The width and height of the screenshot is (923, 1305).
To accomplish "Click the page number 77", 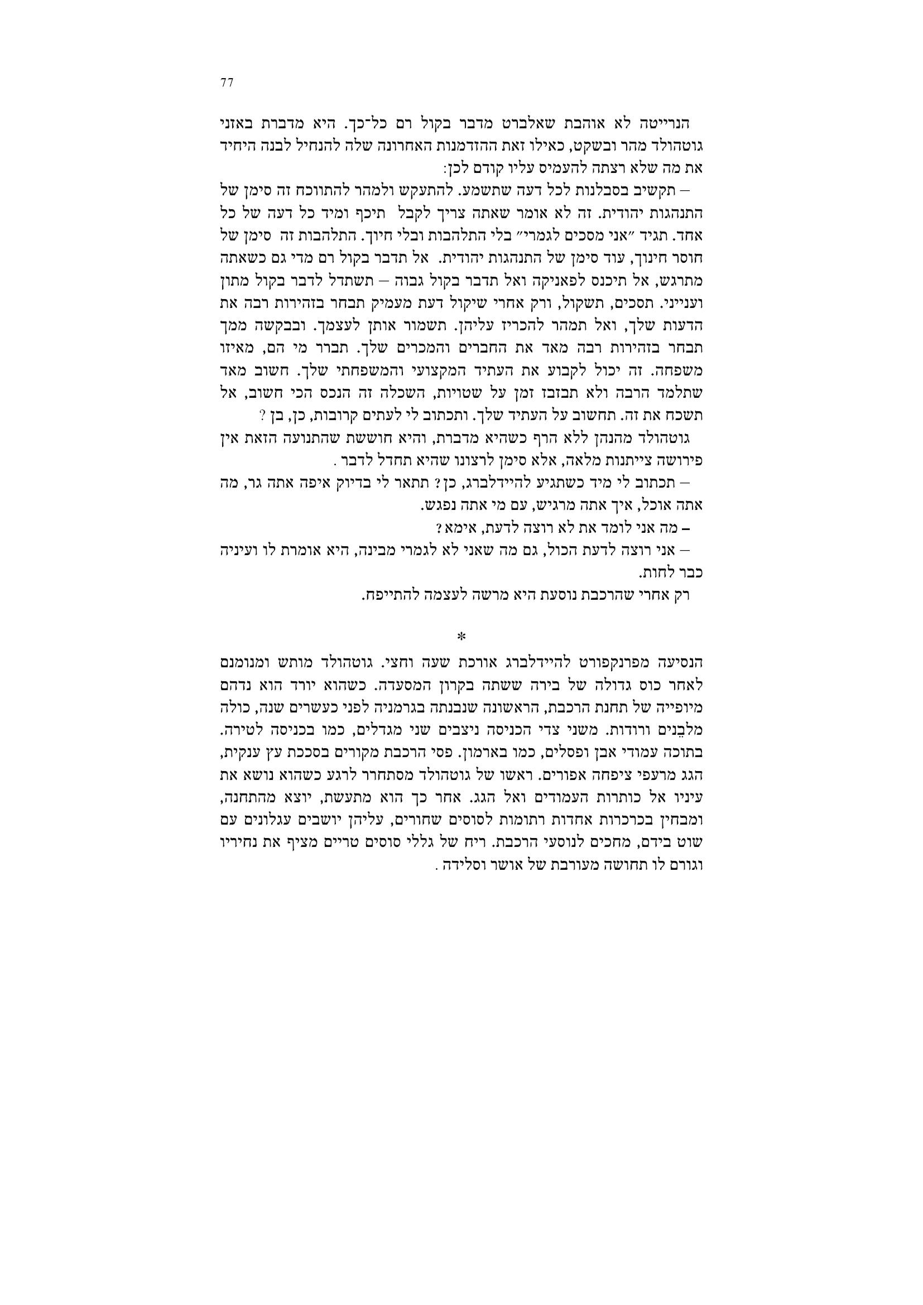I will (227, 83).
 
